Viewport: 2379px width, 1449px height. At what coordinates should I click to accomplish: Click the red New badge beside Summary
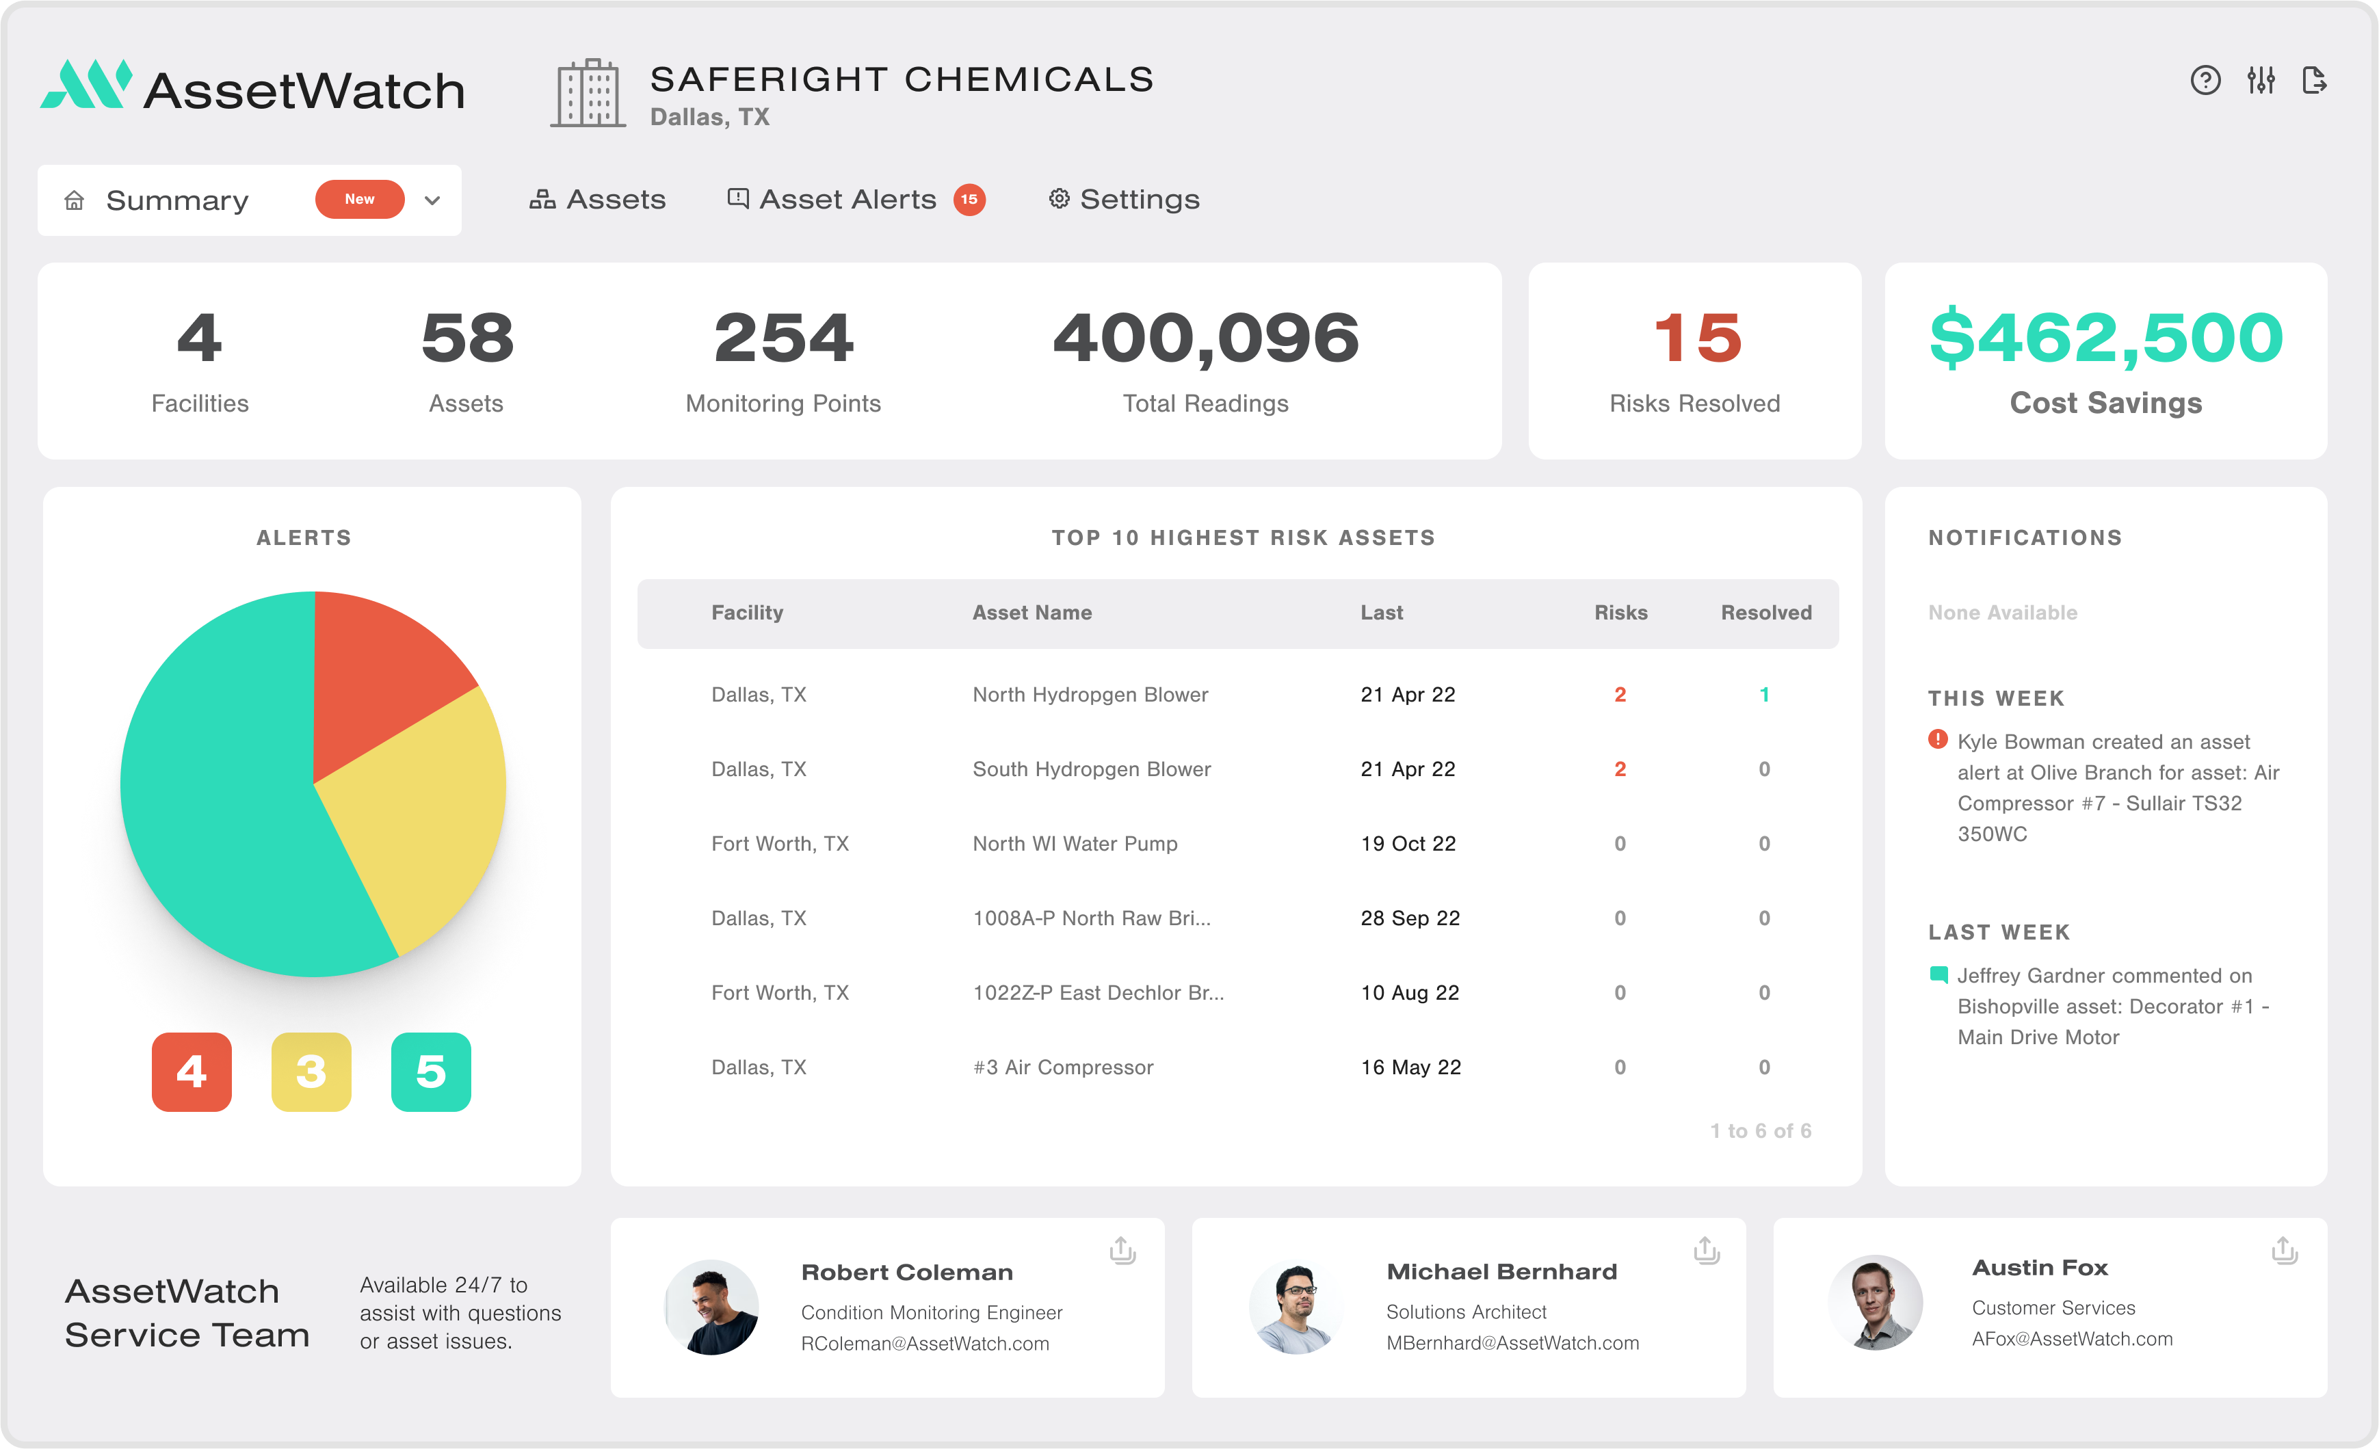359,199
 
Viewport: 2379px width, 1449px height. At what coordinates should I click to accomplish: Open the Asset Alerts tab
847,199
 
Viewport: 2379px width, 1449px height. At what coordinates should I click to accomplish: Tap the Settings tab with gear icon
1124,199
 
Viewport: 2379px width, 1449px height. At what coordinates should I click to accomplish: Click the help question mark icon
2205,80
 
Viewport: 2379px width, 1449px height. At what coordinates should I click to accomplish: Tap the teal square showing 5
431,1072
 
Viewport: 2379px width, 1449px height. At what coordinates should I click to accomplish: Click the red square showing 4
191,1072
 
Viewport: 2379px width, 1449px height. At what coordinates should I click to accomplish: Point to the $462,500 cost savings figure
2106,338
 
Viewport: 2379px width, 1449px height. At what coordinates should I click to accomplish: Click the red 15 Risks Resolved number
1696,338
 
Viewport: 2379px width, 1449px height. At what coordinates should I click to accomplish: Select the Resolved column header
1766,613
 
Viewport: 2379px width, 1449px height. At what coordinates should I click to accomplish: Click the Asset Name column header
1031,613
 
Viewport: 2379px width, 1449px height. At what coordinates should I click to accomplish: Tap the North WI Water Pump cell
1075,844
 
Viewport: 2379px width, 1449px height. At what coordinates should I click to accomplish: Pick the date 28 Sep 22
1410,918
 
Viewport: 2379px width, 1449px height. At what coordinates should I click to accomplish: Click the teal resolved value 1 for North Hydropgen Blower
1764,695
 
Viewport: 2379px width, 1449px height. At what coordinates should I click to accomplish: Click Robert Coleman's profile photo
711,1306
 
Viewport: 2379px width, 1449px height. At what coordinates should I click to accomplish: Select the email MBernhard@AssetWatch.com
1512,1343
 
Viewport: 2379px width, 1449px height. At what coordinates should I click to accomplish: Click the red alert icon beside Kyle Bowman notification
1937,739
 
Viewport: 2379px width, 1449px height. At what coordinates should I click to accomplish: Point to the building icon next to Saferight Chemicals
588,93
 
